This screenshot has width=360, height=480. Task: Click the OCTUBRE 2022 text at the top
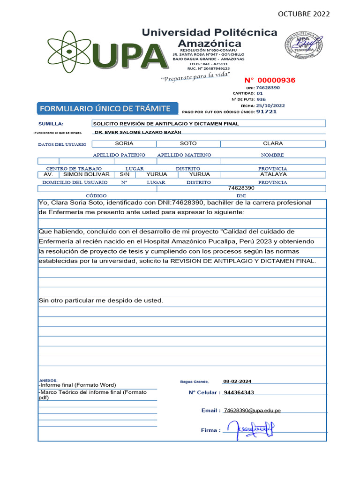pos(304,14)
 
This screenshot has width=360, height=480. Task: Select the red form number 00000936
pos(270,80)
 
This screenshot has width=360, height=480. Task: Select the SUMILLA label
pos(50,124)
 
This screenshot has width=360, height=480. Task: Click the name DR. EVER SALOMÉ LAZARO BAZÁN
pos(138,133)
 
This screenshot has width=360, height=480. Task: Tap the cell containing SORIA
pos(124,143)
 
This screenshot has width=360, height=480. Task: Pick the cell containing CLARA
pos(273,143)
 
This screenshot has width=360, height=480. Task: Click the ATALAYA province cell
pos(273,174)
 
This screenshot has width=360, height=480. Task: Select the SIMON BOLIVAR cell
pos(86,174)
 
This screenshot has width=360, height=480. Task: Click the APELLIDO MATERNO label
pos(184,155)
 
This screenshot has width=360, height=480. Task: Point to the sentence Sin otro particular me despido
pos(101,300)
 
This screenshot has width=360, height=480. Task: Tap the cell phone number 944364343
pos(239,392)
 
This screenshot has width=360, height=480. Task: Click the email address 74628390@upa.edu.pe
pos(252,410)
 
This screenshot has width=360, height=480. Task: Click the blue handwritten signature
pos(250,428)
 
